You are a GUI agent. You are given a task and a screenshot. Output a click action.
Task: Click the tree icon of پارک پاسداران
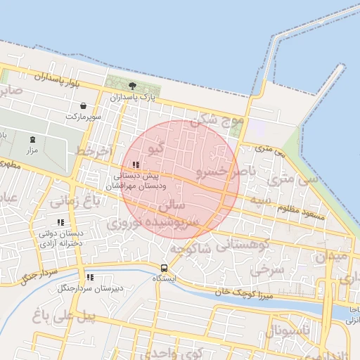132,85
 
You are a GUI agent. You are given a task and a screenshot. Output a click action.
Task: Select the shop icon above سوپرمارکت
84,105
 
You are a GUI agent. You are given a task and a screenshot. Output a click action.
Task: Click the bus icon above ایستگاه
164,268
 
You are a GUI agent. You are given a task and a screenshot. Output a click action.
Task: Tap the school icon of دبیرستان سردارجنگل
89,277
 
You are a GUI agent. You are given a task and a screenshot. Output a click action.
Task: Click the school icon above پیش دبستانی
136,165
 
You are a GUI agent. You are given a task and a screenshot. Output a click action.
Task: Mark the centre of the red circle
181,179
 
